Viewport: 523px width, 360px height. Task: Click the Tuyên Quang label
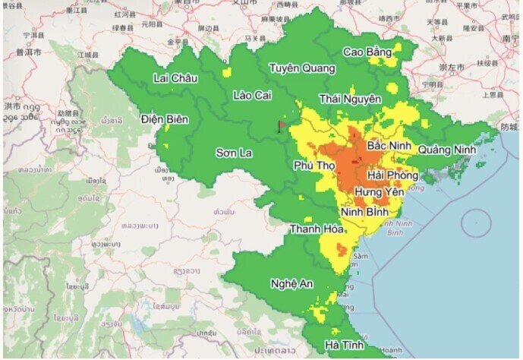click(x=301, y=68)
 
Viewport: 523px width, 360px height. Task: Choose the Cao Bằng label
click(x=367, y=52)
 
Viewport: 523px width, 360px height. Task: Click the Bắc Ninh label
click(x=389, y=144)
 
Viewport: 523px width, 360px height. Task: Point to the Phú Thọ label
click(x=314, y=165)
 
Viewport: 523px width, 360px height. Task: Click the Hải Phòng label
click(x=392, y=175)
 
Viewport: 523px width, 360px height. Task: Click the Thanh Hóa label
click(x=316, y=229)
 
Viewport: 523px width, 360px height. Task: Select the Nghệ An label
click(x=291, y=283)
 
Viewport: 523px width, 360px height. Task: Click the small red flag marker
click(x=282, y=125)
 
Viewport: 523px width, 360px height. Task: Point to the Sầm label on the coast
click(x=359, y=257)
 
